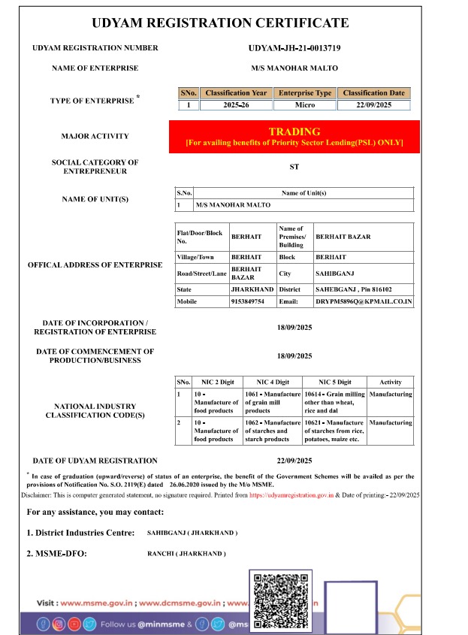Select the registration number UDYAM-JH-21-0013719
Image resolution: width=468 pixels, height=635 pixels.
point(294,48)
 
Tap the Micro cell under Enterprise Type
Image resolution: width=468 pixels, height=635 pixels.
point(304,105)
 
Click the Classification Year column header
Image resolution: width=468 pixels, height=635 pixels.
point(236,93)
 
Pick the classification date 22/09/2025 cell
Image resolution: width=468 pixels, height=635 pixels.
point(373,105)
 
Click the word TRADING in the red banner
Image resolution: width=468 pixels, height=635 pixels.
point(294,132)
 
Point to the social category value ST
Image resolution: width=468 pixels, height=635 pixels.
point(294,167)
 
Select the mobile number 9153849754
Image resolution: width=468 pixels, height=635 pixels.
point(248,301)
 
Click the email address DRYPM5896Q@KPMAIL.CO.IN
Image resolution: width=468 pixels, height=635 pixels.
point(364,301)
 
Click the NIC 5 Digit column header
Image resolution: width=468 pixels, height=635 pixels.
point(335,382)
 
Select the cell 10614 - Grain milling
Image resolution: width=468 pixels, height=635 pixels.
point(335,402)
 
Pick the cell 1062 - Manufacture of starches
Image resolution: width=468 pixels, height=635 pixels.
point(273,431)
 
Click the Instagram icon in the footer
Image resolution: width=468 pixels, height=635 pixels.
point(59,624)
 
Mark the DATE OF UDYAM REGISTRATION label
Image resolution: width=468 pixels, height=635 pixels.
point(95,461)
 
